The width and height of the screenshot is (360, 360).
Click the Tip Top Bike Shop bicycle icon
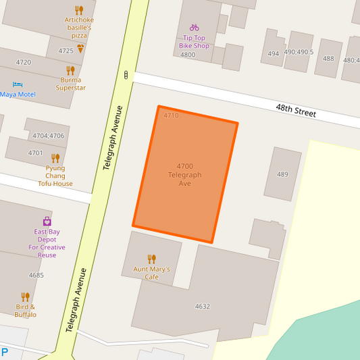[x=195, y=28]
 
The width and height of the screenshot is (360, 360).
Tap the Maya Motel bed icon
[x=18, y=84]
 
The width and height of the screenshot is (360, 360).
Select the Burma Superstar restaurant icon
[x=70, y=70]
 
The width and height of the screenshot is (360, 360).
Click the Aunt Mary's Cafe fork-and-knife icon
[x=151, y=259]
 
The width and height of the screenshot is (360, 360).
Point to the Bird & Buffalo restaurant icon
[x=25, y=297]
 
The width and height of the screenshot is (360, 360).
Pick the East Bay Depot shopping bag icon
[x=47, y=221]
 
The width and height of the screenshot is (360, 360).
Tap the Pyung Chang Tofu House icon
[x=55, y=158]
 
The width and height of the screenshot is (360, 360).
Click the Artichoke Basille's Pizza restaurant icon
[x=79, y=10]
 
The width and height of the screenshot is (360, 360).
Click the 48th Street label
[x=296, y=111]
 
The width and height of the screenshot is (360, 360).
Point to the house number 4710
[x=171, y=115]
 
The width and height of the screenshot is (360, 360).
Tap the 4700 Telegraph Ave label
[x=184, y=175]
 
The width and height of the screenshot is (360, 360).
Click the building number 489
[x=282, y=174]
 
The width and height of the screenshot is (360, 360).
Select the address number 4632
[x=203, y=307]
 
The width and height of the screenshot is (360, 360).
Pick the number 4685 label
[x=36, y=275]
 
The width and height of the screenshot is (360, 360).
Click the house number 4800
[x=188, y=55]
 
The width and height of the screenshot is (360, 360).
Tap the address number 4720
[x=23, y=62]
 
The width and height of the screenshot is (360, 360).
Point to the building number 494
[x=274, y=53]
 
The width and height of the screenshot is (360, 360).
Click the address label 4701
[x=35, y=153]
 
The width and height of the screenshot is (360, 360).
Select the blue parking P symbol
[x=5, y=352]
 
